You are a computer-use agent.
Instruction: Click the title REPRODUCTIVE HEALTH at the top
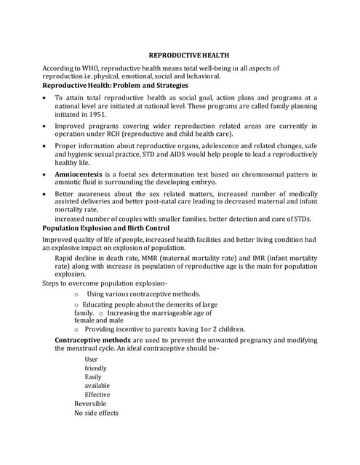pos(180,54)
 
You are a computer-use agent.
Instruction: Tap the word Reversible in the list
pos(90,403)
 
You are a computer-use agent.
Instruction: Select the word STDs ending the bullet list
pos(300,219)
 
